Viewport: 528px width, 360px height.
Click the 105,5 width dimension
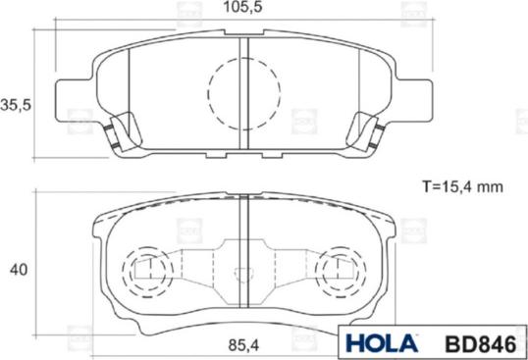point(243,8)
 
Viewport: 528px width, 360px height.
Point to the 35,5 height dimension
point(16,105)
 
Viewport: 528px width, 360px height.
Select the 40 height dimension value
point(19,270)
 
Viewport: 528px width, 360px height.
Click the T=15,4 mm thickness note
point(462,186)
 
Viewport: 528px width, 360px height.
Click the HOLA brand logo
point(382,343)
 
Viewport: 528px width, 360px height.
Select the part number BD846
point(481,344)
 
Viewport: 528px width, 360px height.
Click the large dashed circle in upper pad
point(244,93)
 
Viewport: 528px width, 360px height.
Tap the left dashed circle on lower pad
point(148,272)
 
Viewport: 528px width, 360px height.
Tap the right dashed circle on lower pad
point(341,272)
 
